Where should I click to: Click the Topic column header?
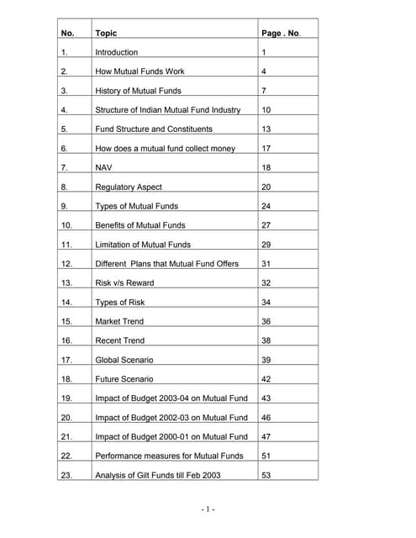(x=106, y=33)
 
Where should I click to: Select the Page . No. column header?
(x=281, y=33)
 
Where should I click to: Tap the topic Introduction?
(x=117, y=52)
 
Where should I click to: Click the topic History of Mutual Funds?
(x=138, y=91)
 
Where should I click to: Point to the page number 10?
(x=266, y=110)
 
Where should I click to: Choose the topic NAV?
(x=104, y=167)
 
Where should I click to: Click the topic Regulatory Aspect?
(x=129, y=187)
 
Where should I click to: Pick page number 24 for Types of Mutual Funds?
(x=266, y=206)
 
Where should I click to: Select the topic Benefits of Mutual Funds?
(x=140, y=225)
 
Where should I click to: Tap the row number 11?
(x=66, y=245)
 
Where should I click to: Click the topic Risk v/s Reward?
(x=124, y=282)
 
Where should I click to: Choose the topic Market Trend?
(x=119, y=321)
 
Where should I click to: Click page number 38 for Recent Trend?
(x=266, y=340)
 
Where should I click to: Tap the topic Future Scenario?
(x=124, y=379)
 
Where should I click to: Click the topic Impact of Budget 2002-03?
(x=171, y=417)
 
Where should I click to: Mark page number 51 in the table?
(x=266, y=456)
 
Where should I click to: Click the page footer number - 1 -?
(x=208, y=509)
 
